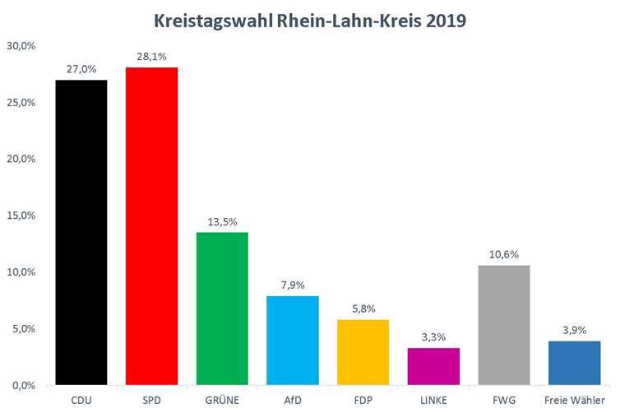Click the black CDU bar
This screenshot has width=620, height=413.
[x=81, y=232]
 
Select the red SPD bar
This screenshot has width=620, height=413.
[x=151, y=226]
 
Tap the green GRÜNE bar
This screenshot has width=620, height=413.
[x=222, y=309]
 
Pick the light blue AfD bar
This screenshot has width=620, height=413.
[x=293, y=340]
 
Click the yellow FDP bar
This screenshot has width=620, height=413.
[x=363, y=352]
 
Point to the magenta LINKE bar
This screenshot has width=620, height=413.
[x=433, y=366]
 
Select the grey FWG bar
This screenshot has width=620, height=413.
[x=504, y=325]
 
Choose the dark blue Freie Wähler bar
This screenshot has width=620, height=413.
[x=574, y=363]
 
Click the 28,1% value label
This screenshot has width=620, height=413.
[x=151, y=58]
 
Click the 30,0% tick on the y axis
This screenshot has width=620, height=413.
[x=21, y=46]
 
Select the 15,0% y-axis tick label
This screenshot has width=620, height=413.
[x=21, y=216]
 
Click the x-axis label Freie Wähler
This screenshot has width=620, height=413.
[x=574, y=399]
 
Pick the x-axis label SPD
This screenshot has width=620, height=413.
[x=151, y=399]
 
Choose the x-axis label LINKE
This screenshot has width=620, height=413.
[x=433, y=399]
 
